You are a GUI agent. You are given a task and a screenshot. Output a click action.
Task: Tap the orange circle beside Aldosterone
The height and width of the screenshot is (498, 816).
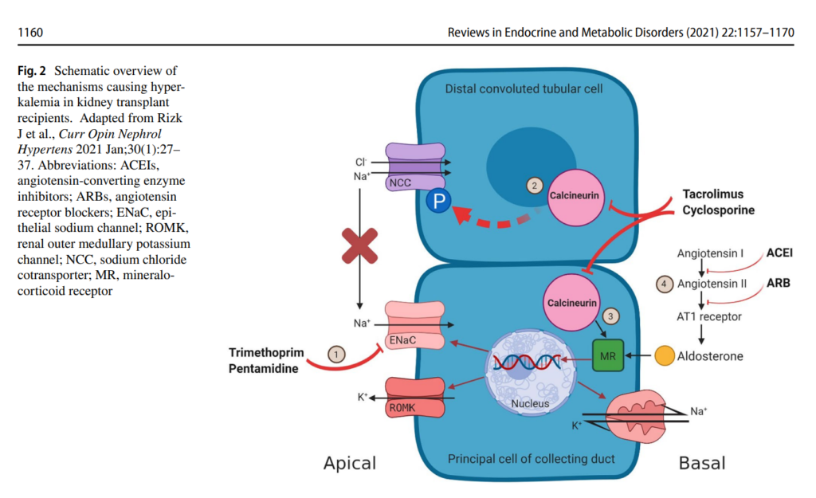point(663,355)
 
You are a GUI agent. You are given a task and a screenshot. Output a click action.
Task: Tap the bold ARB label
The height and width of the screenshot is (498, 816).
point(779,283)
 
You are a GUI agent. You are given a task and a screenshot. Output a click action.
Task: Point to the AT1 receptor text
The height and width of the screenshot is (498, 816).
point(709,316)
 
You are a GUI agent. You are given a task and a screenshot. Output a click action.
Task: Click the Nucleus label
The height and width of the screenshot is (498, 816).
point(530,403)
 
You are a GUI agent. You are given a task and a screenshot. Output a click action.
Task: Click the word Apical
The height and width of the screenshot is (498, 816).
point(349,462)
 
